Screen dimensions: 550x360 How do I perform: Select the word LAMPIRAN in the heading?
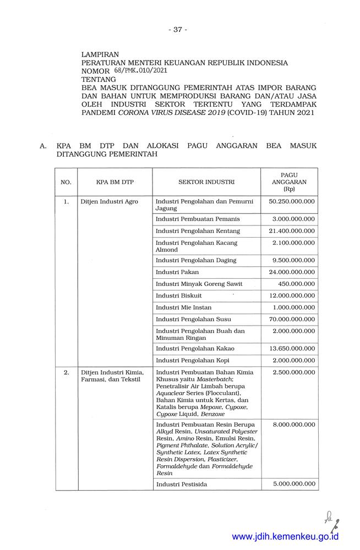(101, 55)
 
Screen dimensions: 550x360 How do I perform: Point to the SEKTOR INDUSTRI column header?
(206, 182)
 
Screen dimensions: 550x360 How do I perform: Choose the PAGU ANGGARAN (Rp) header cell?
(289, 181)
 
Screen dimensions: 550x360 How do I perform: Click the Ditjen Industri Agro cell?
(110, 202)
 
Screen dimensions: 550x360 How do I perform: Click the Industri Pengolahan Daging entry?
(196, 260)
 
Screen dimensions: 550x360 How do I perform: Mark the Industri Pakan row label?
(177, 272)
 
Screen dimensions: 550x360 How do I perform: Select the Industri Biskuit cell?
(179, 295)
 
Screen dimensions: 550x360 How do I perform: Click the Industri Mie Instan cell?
(184, 307)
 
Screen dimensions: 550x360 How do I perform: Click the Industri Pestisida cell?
(182, 484)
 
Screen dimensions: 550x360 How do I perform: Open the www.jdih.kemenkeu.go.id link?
(285, 537)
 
